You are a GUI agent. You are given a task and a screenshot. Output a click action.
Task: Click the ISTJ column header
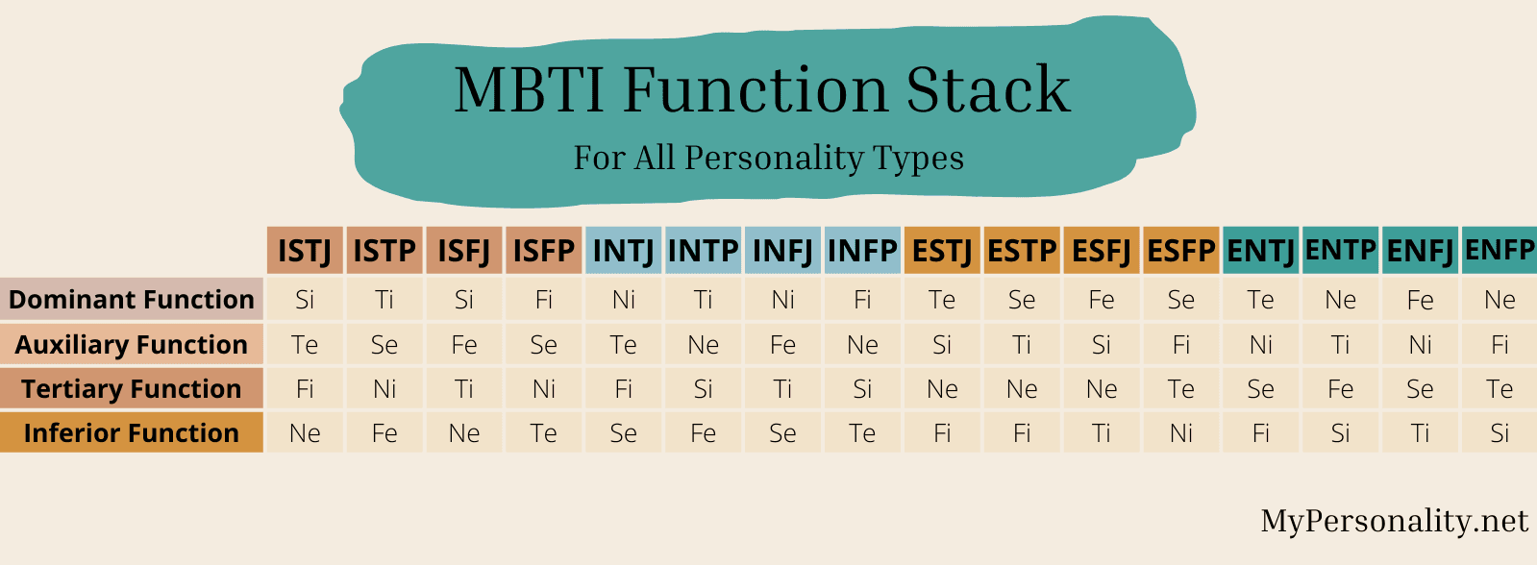tap(305, 251)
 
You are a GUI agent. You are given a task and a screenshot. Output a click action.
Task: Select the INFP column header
tap(862, 251)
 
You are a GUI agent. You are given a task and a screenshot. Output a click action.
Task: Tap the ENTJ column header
tap(1260, 251)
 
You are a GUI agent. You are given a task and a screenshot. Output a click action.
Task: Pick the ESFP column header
tap(1180, 251)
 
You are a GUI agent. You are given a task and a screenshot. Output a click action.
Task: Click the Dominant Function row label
tap(132, 300)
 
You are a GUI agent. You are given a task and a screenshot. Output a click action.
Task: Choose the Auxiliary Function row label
tap(132, 344)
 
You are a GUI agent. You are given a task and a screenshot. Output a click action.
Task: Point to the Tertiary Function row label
tap(132, 388)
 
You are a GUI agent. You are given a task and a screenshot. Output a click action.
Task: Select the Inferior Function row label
tap(132, 432)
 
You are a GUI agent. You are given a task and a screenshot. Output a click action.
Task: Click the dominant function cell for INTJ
tap(624, 300)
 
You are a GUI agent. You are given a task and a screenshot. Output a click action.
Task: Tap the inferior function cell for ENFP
tap(1500, 432)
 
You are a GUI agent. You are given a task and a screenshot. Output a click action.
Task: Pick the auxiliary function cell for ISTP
tap(384, 344)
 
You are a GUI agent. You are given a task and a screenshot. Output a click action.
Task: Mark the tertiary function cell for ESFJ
tap(1102, 388)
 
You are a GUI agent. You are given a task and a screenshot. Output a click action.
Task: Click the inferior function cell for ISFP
tap(544, 432)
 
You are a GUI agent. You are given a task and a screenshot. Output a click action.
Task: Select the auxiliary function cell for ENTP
tap(1340, 344)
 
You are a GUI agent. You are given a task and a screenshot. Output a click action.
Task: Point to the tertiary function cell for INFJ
tap(783, 388)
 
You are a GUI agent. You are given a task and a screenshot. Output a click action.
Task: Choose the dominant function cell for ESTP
tap(1022, 300)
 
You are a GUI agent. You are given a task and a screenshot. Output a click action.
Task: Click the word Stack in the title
tap(988, 90)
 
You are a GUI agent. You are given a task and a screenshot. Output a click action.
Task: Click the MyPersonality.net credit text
tap(1394, 521)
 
